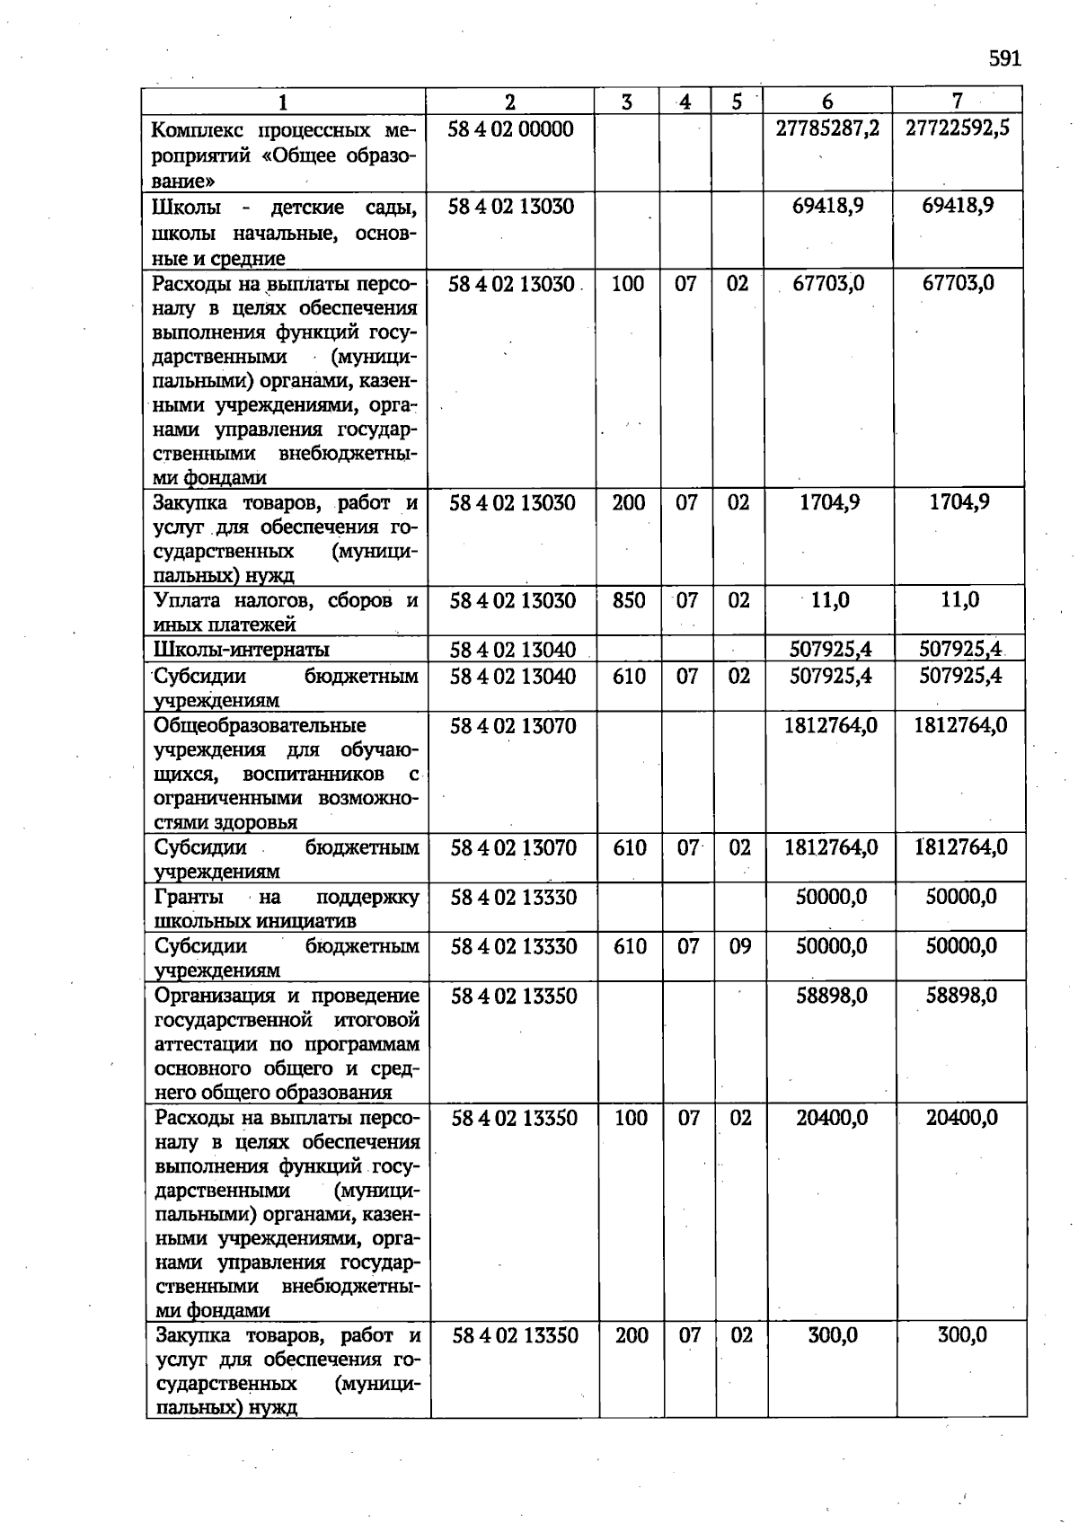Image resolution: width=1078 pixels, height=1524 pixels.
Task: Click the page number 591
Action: tap(1005, 59)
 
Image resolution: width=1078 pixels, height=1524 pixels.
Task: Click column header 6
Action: tap(827, 102)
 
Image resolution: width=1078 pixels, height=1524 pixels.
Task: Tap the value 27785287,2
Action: tap(827, 128)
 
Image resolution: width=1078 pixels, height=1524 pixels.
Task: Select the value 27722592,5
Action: tap(958, 128)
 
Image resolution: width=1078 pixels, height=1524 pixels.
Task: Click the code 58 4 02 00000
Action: tap(510, 129)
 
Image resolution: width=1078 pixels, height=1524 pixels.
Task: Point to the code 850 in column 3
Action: tap(629, 600)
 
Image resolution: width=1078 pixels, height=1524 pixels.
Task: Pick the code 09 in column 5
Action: tap(740, 946)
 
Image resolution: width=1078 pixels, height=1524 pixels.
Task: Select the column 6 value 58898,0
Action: tap(832, 996)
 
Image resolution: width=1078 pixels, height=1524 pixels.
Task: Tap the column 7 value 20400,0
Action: tap(961, 1118)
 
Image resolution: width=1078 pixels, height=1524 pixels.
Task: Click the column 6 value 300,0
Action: tap(832, 1335)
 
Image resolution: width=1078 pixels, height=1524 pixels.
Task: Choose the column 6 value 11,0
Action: tap(830, 600)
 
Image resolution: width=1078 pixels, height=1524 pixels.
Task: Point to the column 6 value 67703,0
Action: tap(828, 284)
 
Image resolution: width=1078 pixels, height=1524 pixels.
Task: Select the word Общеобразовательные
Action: tap(260, 725)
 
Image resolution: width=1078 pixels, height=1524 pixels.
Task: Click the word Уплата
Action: tap(187, 600)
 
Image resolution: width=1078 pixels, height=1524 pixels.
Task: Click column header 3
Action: tap(626, 102)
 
